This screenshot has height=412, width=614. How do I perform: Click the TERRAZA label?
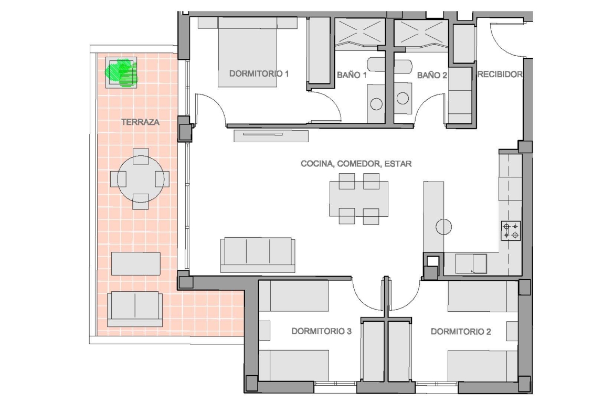140,122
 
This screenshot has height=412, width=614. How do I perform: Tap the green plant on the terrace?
121,72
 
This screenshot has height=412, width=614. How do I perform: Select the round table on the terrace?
141,179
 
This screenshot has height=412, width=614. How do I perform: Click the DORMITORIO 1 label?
259,73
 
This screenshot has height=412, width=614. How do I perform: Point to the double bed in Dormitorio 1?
248,51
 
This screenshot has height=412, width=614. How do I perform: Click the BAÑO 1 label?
352,75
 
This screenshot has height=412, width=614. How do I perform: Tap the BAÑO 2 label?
432,75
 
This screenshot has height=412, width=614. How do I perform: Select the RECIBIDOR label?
500,74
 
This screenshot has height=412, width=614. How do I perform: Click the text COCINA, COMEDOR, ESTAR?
356,164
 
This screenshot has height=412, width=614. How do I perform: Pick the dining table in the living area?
358,198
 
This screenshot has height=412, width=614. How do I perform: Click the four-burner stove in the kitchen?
511,231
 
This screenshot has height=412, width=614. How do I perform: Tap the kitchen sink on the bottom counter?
471,263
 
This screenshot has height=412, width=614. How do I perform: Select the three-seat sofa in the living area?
258,255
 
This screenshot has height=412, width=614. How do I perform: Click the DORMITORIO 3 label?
322,331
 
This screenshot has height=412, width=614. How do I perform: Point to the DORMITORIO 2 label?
461,332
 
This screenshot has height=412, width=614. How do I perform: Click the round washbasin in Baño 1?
376,104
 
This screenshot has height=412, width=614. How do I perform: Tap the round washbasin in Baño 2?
403,98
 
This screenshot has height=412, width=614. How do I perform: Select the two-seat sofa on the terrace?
135,309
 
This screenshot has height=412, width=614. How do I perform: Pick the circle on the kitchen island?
443,226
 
